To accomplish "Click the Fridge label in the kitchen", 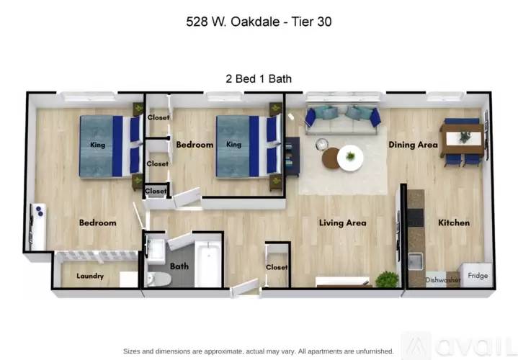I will pyautogui.click(x=477, y=275).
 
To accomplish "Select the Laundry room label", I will pyautogui.click(x=90, y=276).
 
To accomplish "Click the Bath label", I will pyautogui.click(x=179, y=266).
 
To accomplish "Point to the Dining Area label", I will pyautogui.click(x=413, y=145).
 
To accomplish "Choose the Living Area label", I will pyautogui.click(x=342, y=223).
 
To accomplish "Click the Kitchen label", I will pyautogui.click(x=454, y=223).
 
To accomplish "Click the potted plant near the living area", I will pyautogui.click(x=388, y=279).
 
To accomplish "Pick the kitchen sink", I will pyautogui.click(x=415, y=261).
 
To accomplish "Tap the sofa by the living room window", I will pyautogui.click(x=342, y=120).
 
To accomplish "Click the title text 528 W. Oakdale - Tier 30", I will pyautogui.click(x=258, y=22).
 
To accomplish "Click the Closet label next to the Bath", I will pyautogui.click(x=277, y=267).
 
